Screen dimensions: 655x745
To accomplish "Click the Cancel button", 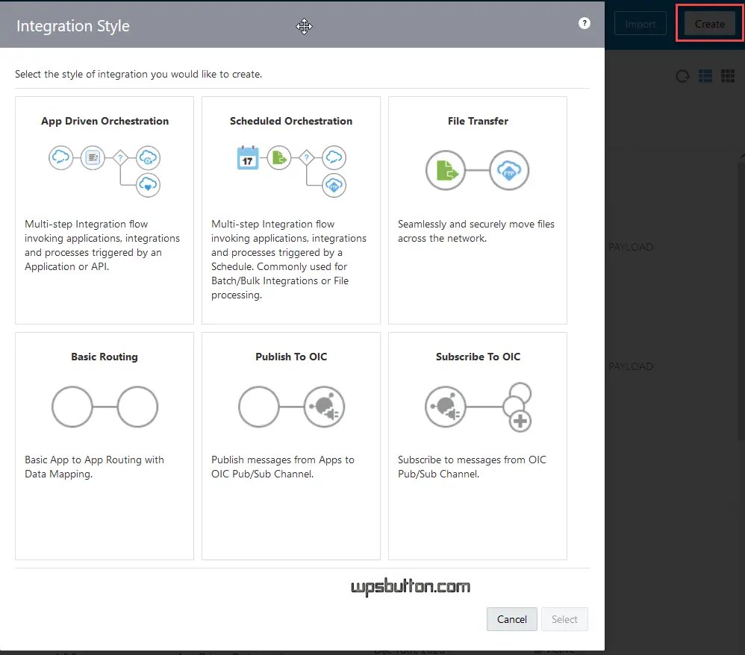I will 511,619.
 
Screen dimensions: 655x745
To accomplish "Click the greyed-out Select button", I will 564,619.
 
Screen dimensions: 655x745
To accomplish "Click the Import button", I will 640,24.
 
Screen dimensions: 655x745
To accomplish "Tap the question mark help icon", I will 585,23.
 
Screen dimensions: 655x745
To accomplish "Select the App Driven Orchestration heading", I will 105,121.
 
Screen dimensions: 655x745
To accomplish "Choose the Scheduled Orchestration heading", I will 291,121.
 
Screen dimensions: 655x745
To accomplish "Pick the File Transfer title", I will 478,121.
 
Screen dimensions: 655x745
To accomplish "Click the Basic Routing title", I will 105,357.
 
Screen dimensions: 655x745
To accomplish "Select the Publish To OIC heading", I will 291,357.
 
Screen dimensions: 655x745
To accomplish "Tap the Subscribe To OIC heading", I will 478,357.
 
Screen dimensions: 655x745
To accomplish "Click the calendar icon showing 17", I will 247,157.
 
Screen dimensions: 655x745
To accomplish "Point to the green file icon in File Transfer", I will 446,170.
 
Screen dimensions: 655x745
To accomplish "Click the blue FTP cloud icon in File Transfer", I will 509,170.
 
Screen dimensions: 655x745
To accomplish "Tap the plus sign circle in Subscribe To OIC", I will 520,421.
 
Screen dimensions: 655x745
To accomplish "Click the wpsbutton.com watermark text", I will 411,587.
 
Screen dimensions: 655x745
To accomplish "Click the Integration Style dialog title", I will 73,26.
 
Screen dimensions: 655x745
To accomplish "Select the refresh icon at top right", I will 682,76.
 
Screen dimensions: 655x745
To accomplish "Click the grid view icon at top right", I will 728,76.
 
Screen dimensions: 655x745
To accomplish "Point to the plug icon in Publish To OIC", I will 324,407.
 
